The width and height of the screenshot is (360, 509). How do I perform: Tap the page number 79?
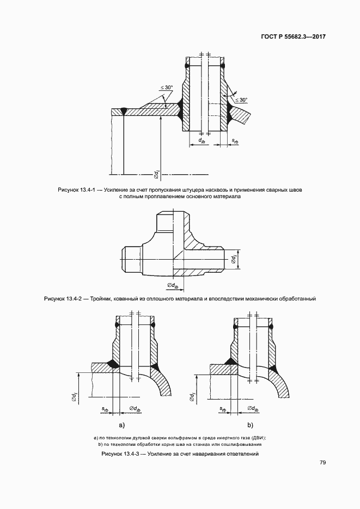[x=322, y=463]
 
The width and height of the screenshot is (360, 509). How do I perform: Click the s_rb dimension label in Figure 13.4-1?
[x=235, y=141]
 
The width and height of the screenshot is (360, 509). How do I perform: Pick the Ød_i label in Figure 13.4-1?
[x=157, y=173]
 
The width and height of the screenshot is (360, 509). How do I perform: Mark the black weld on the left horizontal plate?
[x=124, y=112]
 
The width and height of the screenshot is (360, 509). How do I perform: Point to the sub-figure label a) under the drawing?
[x=121, y=425]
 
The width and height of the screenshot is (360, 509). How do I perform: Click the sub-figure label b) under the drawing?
[x=250, y=425]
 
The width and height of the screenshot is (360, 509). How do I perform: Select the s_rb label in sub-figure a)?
[x=105, y=408]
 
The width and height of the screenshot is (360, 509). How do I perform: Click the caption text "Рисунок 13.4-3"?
[x=121, y=453]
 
